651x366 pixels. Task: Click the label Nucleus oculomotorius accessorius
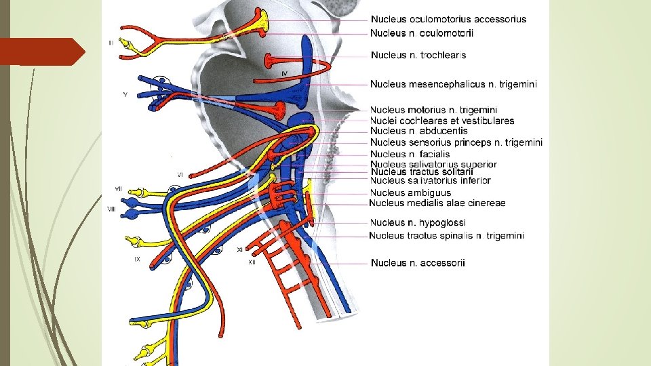pyautogui.click(x=448, y=20)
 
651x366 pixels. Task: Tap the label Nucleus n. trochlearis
pyautogui.click(x=418, y=55)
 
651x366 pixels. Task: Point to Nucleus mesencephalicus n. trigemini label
pyautogui.click(x=454, y=85)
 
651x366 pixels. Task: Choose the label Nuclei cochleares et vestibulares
pyautogui.click(x=442, y=121)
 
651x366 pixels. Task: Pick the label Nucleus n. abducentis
pyautogui.click(x=419, y=131)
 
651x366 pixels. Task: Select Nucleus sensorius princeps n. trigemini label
pyautogui.click(x=456, y=142)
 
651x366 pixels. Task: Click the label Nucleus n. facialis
pyautogui.click(x=410, y=154)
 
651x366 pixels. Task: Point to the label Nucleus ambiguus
pyautogui.click(x=411, y=192)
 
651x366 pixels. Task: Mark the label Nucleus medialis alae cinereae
pyautogui.click(x=437, y=203)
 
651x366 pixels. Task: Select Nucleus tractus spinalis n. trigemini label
pyautogui.click(x=446, y=236)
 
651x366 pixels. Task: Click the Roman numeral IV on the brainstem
pyautogui.click(x=285, y=73)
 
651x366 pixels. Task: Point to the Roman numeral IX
pyautogui.click(x=136, y=259)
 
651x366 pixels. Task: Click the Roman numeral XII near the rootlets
pyautogui.click(x=251, y=262)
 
